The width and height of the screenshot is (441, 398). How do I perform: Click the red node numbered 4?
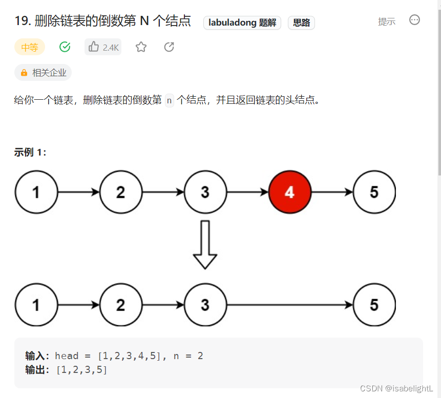click(x=289, y=192)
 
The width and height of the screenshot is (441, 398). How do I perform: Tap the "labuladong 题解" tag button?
click(x=242, y=23)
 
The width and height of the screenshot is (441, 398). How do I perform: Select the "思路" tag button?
click(x=301, y=23)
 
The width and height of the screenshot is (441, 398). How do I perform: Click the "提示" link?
click(x=387, y=21)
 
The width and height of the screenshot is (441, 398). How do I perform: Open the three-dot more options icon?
click(x=415, y=20)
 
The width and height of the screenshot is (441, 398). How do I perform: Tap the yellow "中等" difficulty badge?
click(x=30, y=48)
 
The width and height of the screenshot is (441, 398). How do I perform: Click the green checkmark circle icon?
click(x=65, y=47)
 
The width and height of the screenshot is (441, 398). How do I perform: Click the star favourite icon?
click(x=141, y=47)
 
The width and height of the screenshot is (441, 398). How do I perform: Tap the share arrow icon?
click(x=169, y=47)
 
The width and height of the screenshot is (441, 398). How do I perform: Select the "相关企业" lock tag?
click(x=43, y=73)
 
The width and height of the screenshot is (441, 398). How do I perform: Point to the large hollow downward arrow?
click(x=205, y=245)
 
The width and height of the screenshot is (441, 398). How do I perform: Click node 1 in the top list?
click(x=36, y=192)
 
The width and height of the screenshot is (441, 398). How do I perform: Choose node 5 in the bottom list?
click(x=374, y=305)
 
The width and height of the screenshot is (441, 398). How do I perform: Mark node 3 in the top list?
click(x=205, y=192)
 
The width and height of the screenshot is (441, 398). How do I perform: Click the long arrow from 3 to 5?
click(x=289, y=305)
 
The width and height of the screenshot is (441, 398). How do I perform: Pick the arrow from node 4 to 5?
click(x=332, y=192)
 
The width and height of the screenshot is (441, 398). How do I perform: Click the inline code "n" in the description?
click(x=169, y=100)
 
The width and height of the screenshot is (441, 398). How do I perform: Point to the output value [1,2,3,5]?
click(x=81, y=369)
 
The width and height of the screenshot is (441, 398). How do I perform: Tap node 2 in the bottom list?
click(x=120, y=305)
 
